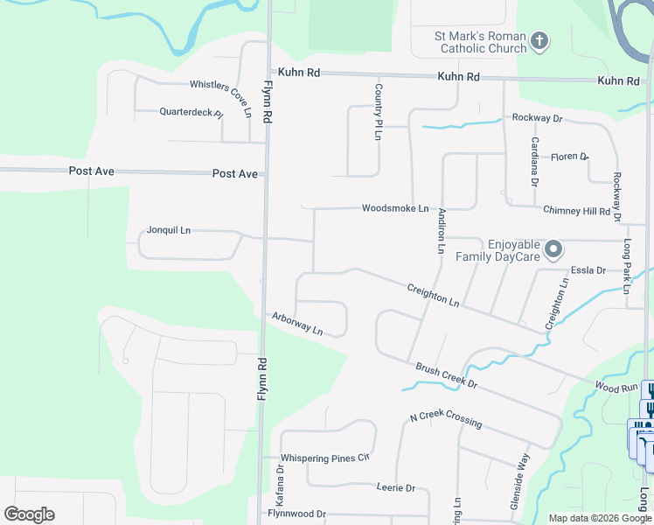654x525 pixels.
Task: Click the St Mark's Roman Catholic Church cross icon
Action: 540,41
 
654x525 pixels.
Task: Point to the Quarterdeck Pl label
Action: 191,112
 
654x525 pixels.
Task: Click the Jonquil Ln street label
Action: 169,230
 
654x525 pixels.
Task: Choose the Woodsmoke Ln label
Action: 395,208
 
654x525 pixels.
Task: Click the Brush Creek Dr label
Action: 446,376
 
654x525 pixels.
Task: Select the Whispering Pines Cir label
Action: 325,458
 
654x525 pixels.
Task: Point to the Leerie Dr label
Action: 395,487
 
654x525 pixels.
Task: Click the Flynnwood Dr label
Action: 296,514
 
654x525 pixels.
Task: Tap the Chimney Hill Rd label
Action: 576,210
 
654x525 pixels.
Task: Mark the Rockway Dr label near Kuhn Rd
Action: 537,117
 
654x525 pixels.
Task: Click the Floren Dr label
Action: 569,157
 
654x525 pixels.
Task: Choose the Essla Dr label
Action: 588,270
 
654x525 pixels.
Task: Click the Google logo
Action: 29,514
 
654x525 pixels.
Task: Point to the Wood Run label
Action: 616,386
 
